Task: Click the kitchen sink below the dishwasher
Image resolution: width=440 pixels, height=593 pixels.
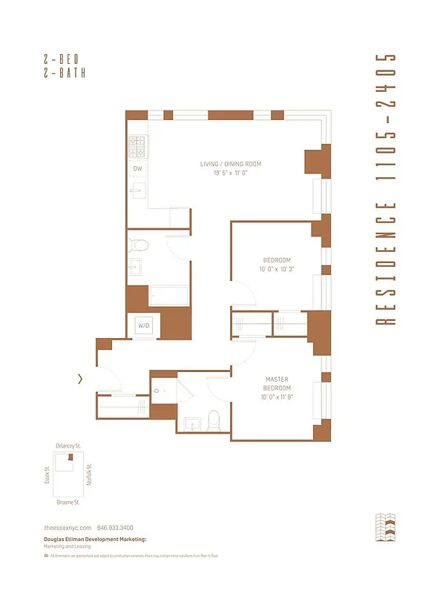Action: coord(138,191)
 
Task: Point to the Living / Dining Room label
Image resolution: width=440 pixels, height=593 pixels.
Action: coord(230,164)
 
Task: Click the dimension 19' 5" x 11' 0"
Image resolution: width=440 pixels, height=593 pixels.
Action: coord(230,173)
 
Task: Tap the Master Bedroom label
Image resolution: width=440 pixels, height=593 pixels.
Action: coord(277,383)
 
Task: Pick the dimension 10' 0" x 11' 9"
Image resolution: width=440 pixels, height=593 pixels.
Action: coord(277,397)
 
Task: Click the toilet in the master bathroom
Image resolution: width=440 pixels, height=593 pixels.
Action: coord(214,420)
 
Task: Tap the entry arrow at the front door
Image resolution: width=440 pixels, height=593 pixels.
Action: coord(80,379)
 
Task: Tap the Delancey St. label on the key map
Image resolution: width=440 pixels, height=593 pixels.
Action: coord(69,445)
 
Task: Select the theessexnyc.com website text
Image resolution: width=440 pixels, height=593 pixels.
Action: coord(68,526)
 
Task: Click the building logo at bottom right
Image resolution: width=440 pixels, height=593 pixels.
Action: coord(387,527)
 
